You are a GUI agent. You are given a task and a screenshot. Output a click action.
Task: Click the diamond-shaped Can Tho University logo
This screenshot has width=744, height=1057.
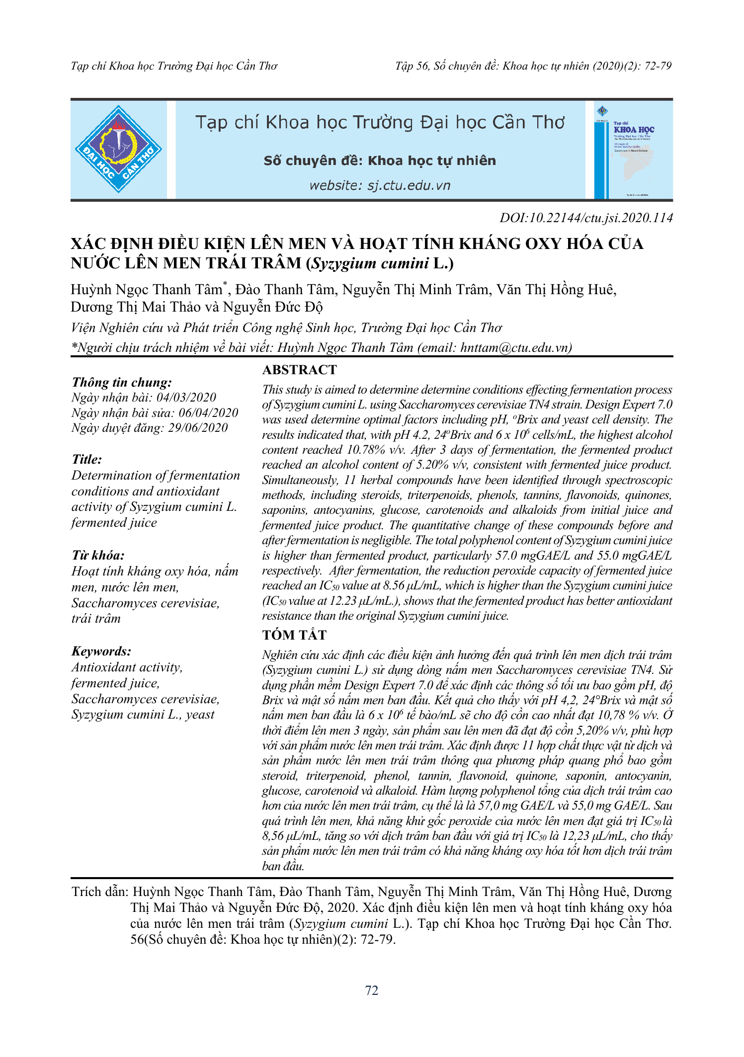[x=118, y=149]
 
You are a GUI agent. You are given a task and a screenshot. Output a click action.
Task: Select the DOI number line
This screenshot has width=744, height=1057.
[x=586, y=218]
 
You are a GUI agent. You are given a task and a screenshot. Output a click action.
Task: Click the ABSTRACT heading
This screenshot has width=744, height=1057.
[x=299, y=370]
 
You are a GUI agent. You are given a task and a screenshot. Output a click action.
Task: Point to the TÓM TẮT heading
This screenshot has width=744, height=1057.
[x=294, y=635]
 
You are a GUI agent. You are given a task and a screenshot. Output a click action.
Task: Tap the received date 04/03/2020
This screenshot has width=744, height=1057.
[x=186, y=398]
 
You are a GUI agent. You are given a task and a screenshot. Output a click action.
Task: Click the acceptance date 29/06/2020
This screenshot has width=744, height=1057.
[x=198, y=428]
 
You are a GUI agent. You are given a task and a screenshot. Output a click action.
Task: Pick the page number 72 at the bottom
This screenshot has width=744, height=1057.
[x=372, y=990]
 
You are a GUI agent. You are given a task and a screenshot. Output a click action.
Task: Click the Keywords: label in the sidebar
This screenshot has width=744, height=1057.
[x=101, y=651]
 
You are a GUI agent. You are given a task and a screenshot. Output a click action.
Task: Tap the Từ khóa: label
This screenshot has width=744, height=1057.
[x=98, y=556]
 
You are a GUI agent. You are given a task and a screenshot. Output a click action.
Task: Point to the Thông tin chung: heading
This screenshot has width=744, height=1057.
[x=122, y=382]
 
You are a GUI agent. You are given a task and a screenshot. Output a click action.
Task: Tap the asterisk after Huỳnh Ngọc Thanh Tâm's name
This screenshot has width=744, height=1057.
[x=225, y=284]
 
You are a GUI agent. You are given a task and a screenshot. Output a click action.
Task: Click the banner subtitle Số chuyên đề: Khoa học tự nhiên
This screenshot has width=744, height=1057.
[x=380, y=161]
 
